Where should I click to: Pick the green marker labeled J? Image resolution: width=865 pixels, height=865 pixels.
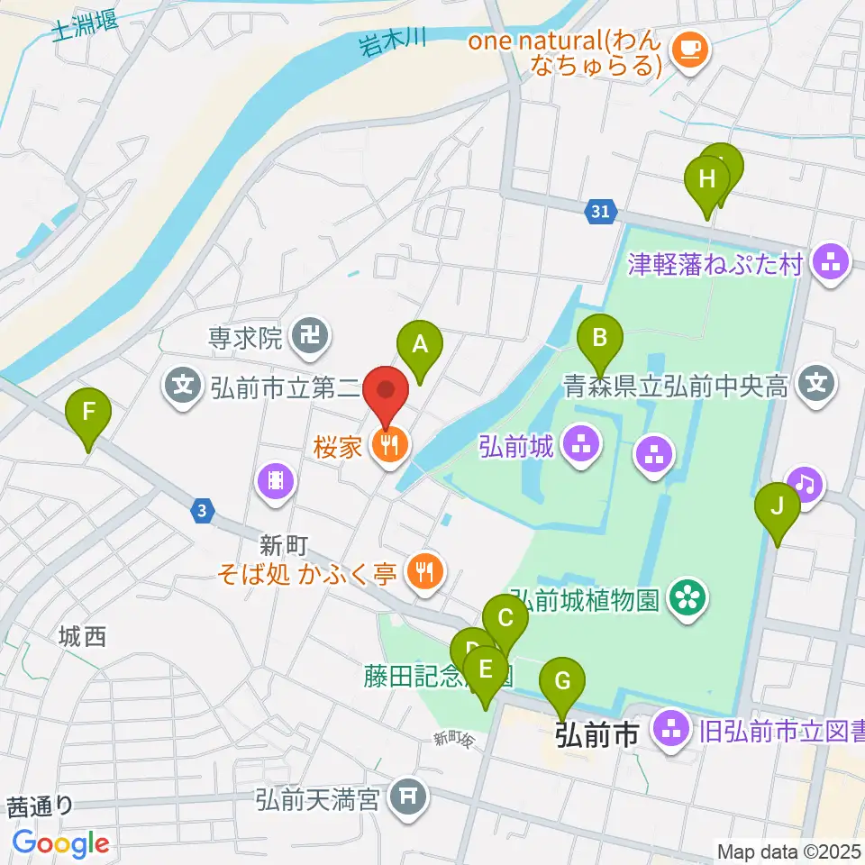pyautogui.click(x=777, y=513)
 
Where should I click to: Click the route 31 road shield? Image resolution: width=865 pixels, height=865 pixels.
pyautogui.click(x=601, y=212)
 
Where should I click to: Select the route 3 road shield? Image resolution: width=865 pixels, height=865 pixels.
pyautogui.click(x=204, y=511)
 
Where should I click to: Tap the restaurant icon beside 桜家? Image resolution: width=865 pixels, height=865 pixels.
pyautogui.click(x=389, y=444)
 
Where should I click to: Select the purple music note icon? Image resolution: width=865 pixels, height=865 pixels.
pyautogui.click(x=805, y=485)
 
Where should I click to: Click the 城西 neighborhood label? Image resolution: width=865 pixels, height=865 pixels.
pyautogui.click(x=82, y=637)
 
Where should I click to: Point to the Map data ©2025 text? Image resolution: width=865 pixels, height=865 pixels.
pyautogui.click(x=789, y=851)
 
